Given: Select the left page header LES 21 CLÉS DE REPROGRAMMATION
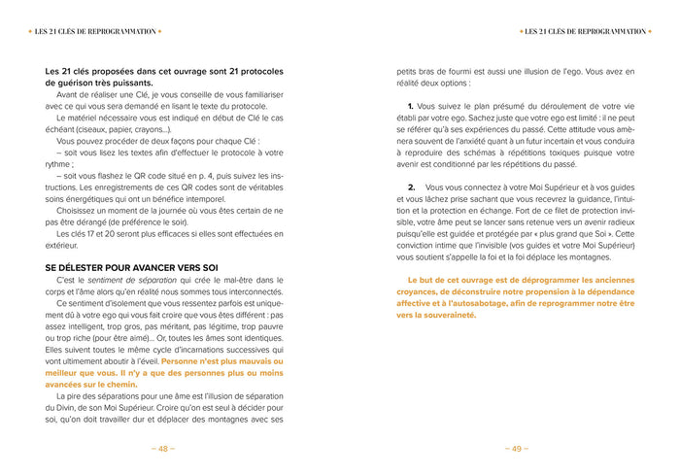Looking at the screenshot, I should pos(95,31).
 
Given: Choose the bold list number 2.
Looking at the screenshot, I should pos(411,186).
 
